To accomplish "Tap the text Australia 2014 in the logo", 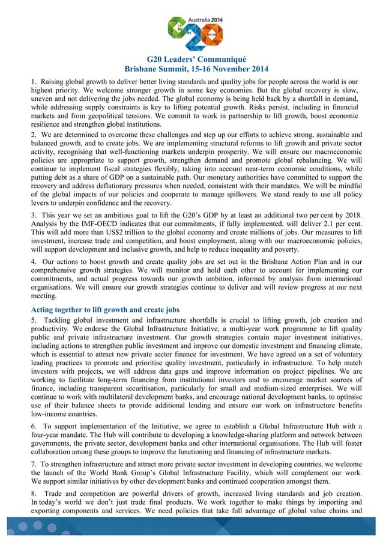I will pyautogui.click(x=205, y=20).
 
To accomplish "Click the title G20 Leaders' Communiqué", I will pyautogui.click(x=191, y=59).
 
